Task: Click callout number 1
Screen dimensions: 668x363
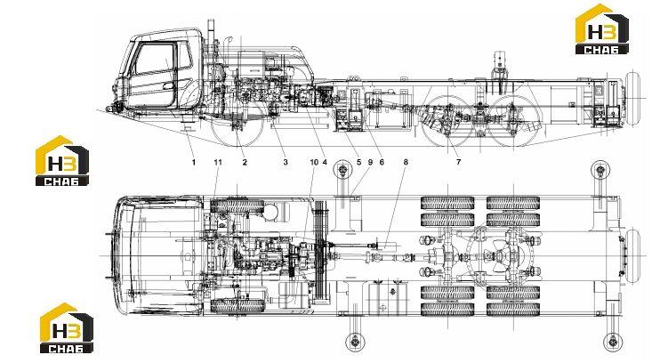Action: pos(194,162)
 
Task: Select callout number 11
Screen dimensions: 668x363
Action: pos(218,162)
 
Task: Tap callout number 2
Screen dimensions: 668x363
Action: pos(245,162)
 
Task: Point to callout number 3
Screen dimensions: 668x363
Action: pos(286,162)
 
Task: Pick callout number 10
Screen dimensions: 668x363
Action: pos(314,162)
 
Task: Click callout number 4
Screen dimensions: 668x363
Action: pos(325,162)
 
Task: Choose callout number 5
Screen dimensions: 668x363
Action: pos(359,162)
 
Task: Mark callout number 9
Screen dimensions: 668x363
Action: pos(370,162)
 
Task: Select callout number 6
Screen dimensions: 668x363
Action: pos(382,162)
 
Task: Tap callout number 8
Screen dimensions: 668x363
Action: pos(406,162)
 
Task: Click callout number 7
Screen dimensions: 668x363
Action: pos(458,162)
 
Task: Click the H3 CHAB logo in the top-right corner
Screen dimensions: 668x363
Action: pos(601,29)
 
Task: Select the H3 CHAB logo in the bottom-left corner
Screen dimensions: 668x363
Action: pos(67,328)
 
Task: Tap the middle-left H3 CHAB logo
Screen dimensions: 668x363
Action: pos(62,161)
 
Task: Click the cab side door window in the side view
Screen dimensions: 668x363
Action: pos(154,59)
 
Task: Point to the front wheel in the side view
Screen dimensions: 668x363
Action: pos(237,124)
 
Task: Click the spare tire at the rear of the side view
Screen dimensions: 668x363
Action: pos(632,99)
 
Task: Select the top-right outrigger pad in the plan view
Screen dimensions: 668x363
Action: pos(600,171)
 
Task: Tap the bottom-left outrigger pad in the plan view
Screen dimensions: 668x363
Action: pos(354,342)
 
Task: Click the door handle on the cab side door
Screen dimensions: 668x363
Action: pos(168,86)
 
